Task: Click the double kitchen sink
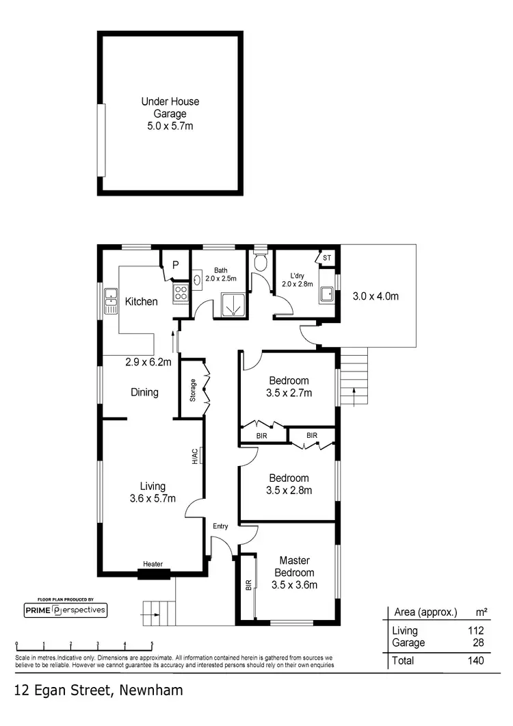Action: click(x=110, y=302)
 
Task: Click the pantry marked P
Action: click(x=175, y=265)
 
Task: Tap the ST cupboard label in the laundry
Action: click(x=326, y=258)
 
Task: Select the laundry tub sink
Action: click(x=327, y=294)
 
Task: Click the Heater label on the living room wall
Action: click(x=153, y=564)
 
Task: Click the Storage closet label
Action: click(x=193, y=390)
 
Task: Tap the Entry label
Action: click(x=220, y=526)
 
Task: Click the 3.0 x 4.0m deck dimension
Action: click(x=375, y=297)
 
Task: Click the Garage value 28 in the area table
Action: click(x=477, y=643)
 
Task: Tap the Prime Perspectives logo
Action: click(x=65, y=609)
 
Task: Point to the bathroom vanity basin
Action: click(x=197, y=279)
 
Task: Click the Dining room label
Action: click(x=144, y=392)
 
